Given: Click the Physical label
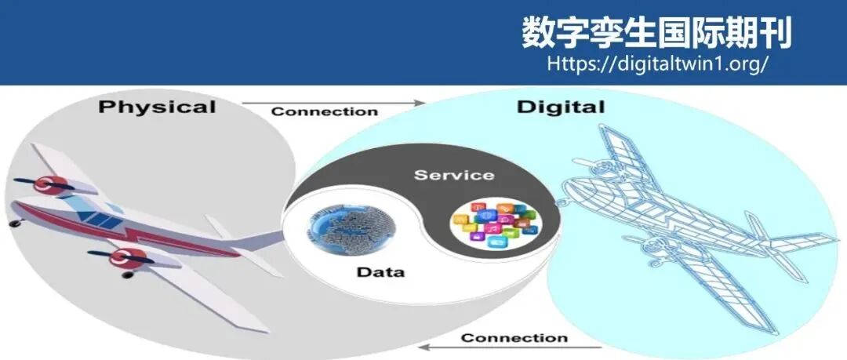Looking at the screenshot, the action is tap(157, 107).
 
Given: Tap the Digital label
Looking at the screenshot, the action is tap(561, 107).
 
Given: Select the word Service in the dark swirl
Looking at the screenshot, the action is tap(454, 175).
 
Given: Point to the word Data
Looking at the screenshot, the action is tap(380, 271).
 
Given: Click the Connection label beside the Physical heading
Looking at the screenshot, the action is tap(325, 112).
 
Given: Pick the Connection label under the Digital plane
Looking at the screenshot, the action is tap(514, 338).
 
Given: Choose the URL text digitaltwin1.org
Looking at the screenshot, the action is tap(657, 64).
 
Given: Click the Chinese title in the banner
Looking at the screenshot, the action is tap(656, 32).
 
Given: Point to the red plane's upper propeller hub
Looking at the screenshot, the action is tap(44, 185).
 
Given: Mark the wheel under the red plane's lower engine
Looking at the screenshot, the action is tap(128, 275).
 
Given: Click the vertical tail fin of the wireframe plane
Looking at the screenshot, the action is tap(756, 227).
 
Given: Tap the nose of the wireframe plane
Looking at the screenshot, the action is tap(565, 201).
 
